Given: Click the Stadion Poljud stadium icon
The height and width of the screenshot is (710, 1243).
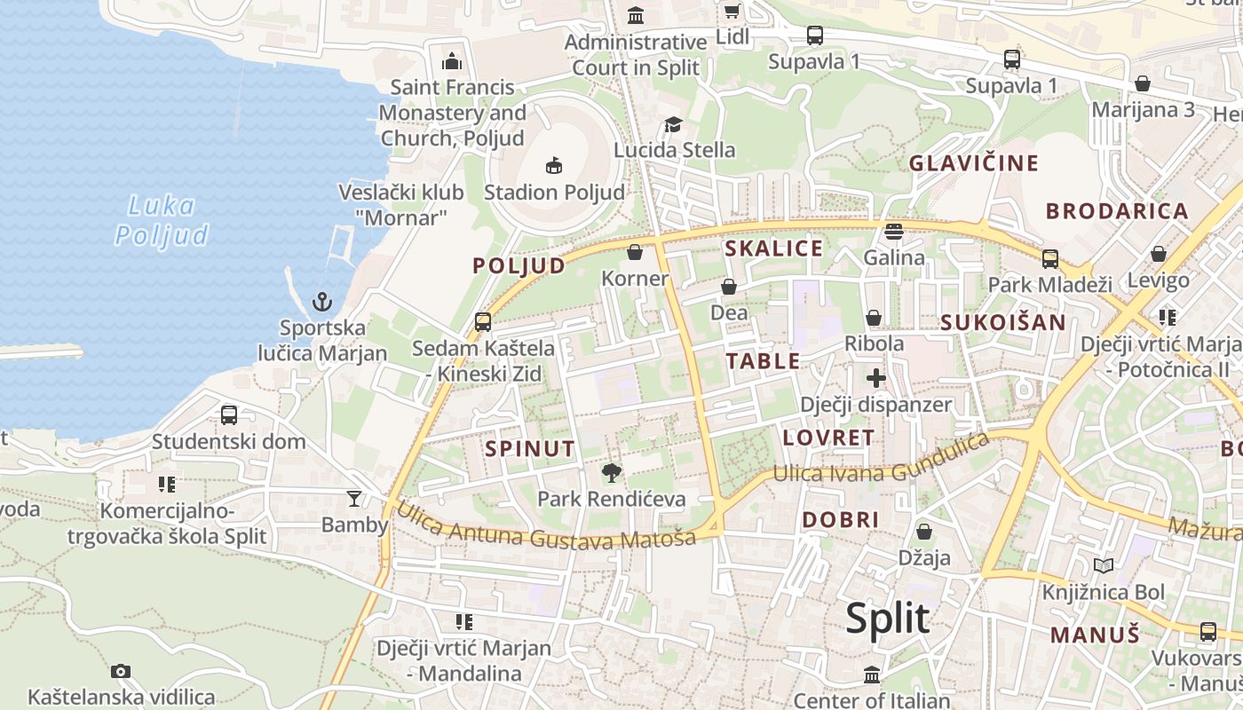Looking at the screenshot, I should (554, 165).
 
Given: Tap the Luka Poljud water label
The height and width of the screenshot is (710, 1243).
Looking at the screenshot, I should (162, 220).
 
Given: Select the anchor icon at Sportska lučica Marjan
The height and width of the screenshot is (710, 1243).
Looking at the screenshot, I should (322, 302).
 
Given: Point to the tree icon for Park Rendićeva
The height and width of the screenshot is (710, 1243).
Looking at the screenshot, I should (611, 472).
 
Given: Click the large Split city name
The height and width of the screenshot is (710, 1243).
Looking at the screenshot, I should (887, 618).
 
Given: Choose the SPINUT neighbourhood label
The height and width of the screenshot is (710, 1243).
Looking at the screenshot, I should (530, 449).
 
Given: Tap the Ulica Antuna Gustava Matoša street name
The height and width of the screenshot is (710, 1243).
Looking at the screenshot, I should (545, 528).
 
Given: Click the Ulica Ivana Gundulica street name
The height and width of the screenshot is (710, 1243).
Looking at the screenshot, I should (880, 461).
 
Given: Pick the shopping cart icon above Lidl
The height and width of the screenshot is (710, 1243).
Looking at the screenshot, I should (732, 12).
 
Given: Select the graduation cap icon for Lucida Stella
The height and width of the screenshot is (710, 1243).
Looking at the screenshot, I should (674, 124).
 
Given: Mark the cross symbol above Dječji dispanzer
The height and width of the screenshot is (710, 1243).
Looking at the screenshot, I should (876, 378).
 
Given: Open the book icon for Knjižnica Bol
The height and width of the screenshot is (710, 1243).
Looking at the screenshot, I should (1104, 565).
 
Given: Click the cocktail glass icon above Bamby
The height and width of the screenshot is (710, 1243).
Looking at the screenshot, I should (354, 498).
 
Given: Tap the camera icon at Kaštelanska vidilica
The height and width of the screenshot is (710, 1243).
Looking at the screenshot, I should (121, 671).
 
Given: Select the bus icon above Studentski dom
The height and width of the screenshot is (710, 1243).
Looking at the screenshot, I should (228, 414).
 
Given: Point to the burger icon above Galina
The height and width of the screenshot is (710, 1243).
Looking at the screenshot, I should (894, 232).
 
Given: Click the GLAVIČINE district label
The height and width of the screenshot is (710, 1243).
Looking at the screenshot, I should (973, 163).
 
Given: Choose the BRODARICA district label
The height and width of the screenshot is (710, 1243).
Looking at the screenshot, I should (1116, 211).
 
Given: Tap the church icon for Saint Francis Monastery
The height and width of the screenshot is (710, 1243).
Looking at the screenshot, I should (452, 61).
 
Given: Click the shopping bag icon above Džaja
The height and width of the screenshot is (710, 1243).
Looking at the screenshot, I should (924, 532).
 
